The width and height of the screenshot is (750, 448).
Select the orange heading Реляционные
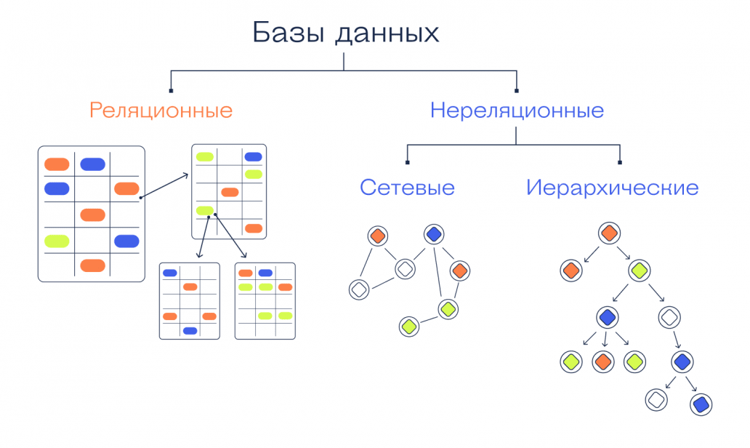[161, 111]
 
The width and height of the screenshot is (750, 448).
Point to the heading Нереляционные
[517, 111]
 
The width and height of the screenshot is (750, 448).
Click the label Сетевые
[407, 188]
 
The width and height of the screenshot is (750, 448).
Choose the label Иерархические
[612, 188]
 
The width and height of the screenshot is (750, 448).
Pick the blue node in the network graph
[434, 234]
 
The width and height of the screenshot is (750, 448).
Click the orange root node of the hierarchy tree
[608, 233]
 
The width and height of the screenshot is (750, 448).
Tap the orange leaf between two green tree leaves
[603, 361]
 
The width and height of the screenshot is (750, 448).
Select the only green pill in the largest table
[57, 241]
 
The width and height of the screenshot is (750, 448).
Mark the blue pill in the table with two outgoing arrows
[253, 156]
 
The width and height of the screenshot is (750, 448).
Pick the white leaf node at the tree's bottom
[656, 399]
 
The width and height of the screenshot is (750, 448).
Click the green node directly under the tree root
[640, 271]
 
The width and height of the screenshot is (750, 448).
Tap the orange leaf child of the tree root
[571, 271]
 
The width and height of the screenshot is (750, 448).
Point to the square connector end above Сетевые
[408, 161]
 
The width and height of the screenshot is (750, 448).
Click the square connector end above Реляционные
[171, 90]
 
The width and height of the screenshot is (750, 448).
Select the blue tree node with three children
[607, 317]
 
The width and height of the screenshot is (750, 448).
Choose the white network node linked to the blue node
[405, 269]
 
